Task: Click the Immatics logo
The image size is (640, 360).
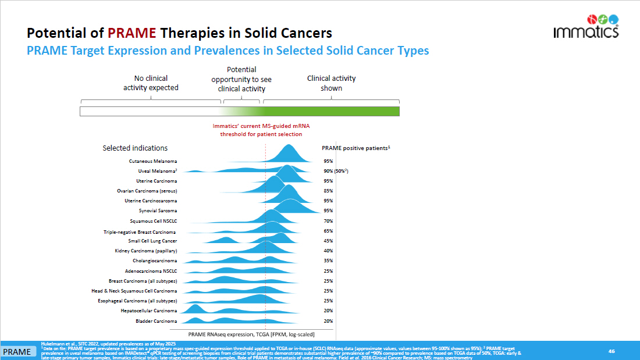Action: [585, 26]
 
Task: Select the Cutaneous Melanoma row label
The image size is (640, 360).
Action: [153, 161]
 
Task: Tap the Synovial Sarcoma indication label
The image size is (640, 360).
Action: [158, 211]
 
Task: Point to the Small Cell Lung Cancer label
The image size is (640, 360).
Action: [152, 241]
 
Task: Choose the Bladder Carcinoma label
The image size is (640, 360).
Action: [157, 321]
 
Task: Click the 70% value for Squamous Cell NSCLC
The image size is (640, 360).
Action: [328, 221]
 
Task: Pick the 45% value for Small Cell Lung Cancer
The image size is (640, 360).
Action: [328, 241]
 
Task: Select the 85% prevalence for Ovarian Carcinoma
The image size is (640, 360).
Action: [328, 191]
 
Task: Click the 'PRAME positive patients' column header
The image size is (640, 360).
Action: [355, 148]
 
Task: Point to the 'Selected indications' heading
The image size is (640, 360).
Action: [135, 148]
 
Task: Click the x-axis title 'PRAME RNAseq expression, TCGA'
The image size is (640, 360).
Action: [251, 334]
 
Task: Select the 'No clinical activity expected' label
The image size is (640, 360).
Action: [151, 83]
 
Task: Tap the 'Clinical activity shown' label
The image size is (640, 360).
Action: [331, 83]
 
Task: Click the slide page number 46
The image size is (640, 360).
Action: [611, 351]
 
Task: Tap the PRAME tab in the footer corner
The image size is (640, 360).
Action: [17, 352]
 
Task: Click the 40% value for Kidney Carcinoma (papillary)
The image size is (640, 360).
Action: [328, 251]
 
